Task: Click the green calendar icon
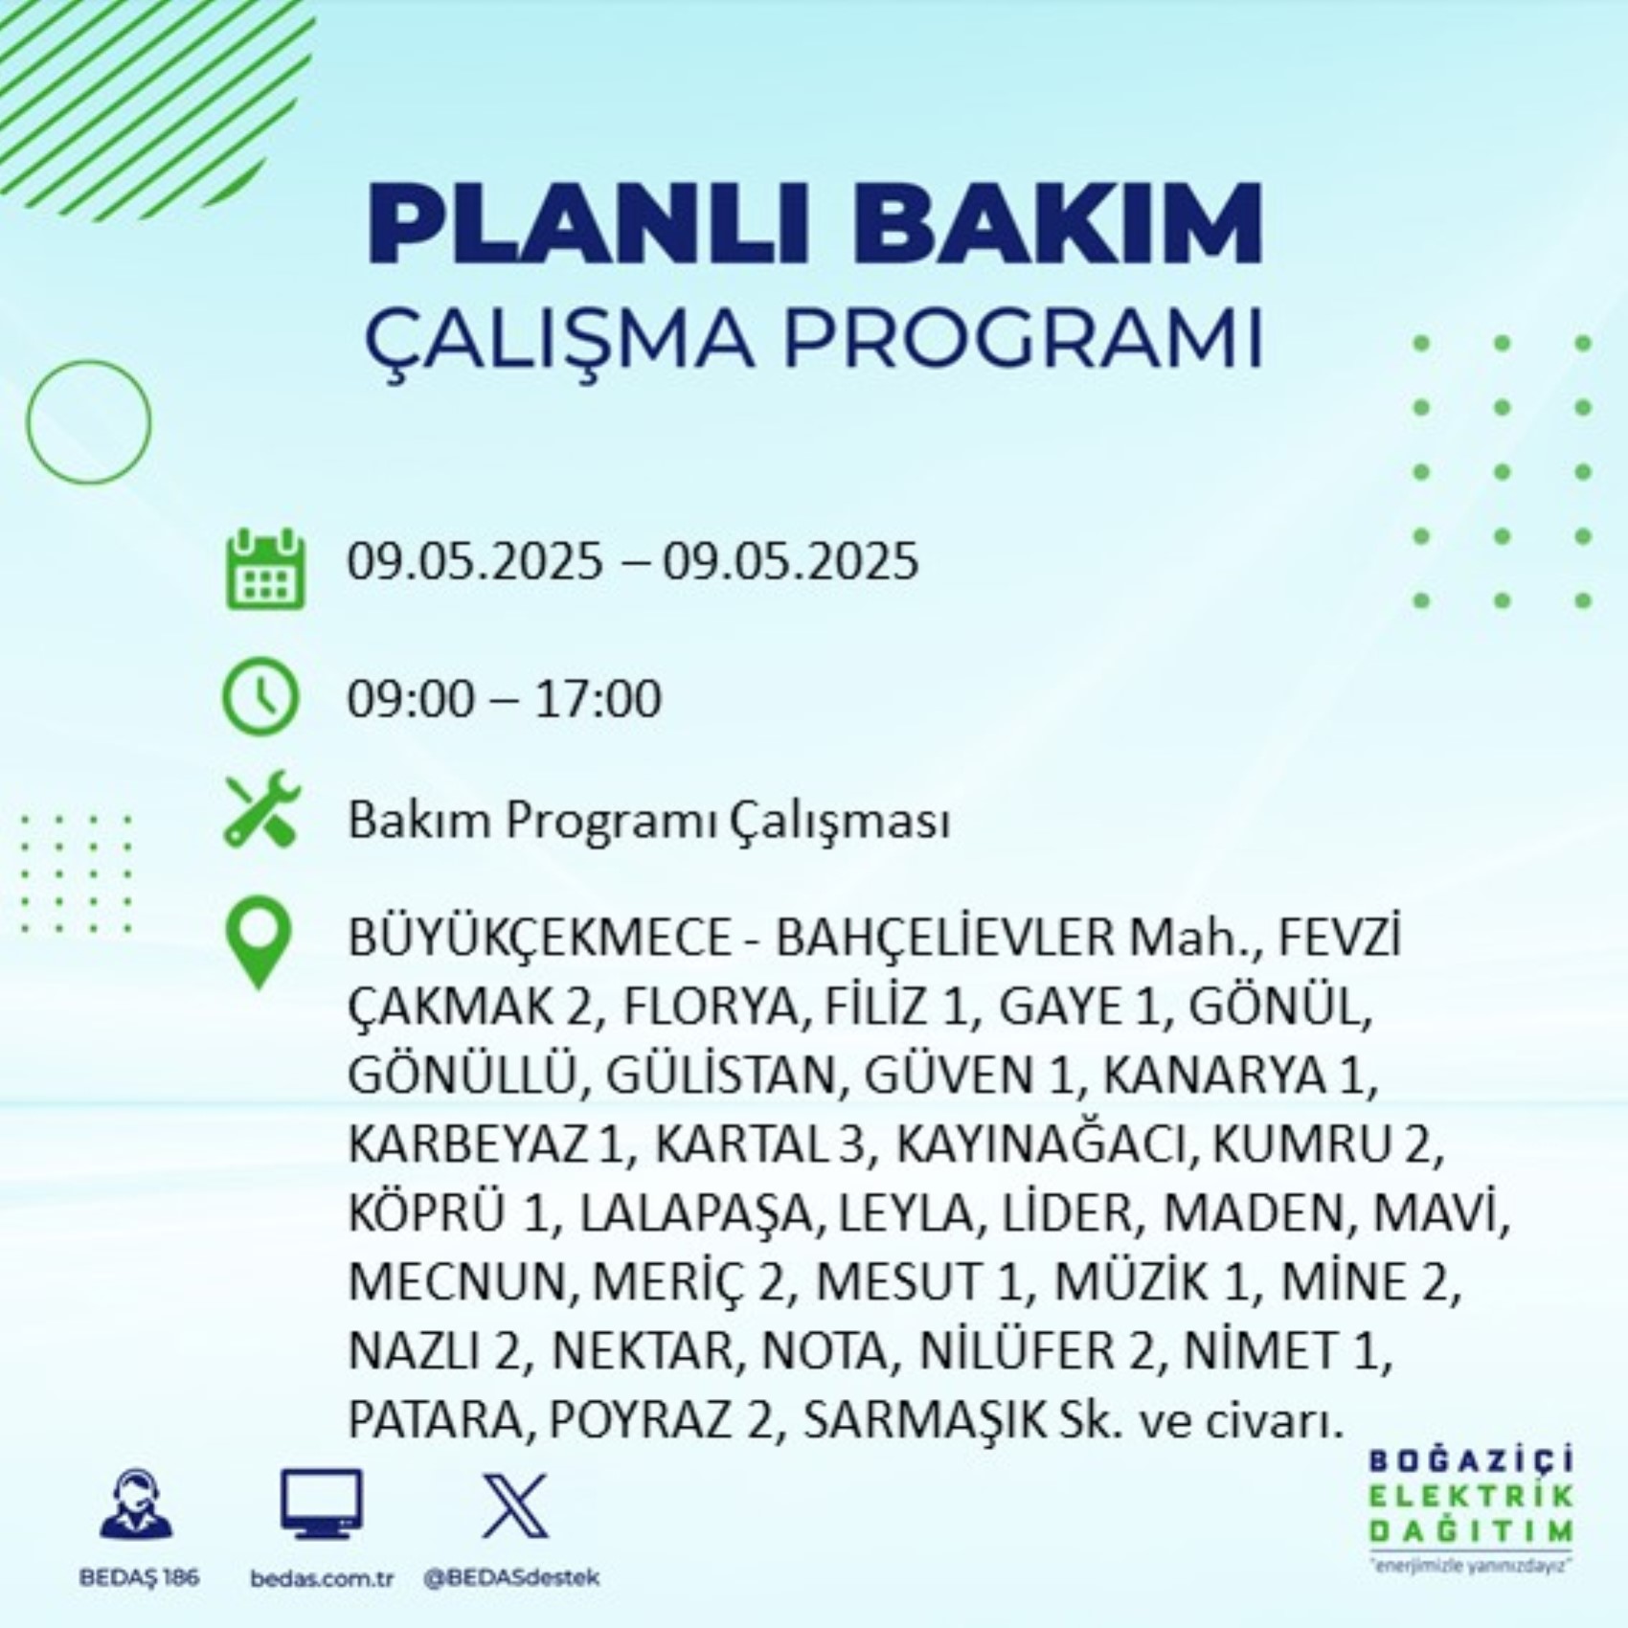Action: [x=265, y=569]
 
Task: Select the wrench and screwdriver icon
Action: [x=261, y=810]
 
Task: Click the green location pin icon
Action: [x=259, y=945]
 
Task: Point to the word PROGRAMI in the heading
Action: [x=1024, y=338]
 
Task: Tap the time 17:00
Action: [x=597, y=699]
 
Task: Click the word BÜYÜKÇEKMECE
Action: [x=539, y=938]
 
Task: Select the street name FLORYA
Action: [x=710, y=1006]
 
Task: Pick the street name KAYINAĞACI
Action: [x=1043, y=1144]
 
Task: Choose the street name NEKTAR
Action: [x=644, y=1351]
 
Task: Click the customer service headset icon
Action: [x=137, y=1505]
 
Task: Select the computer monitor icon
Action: [x=322, y=1504]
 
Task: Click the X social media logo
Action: [x=515, y=1505]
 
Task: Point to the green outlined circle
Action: [x=89, y=362]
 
